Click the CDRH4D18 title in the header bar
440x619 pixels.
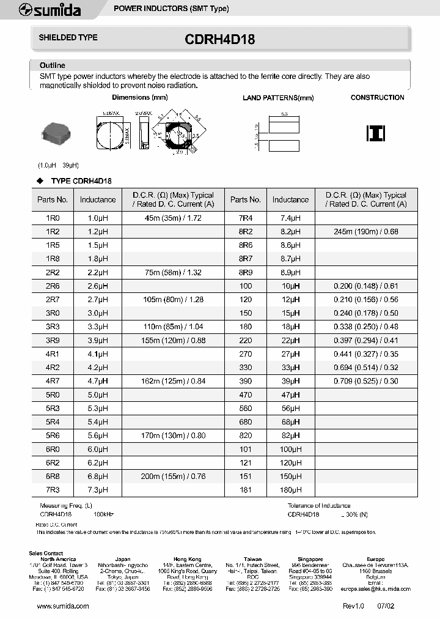[219, 40]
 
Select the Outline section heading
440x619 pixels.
[53, 65]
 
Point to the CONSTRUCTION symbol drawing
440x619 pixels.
[375, 133]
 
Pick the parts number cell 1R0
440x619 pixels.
[53, 218]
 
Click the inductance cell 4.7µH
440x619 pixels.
[98, 381]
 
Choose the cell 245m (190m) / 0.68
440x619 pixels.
[366, 232]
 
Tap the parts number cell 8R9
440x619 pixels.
[246, 272]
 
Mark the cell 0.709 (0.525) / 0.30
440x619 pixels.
[366, 381]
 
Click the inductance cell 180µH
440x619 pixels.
[290, 490]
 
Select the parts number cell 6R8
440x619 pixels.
[53, 476]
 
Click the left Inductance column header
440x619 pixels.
[98, 199]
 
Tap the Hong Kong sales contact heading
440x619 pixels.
[187, 559]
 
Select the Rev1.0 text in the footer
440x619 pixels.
[353, 606]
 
